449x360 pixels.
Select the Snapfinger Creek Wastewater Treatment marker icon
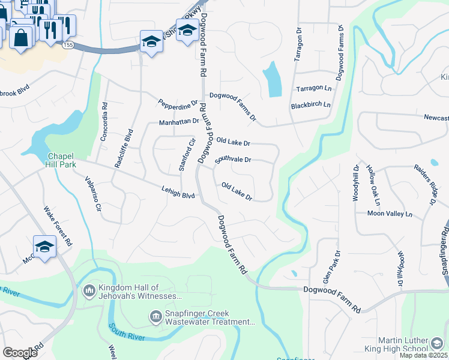pyautogui.click(x=155, y=316)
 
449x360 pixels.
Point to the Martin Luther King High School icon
pyautogui.click(x=438, y=343)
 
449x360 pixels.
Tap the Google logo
pyautogui.click(x=20, y=352)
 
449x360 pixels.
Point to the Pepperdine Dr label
pyautogui.click(x=178, y=104)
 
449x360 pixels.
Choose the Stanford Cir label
pyautogui.click(x=187, y=155)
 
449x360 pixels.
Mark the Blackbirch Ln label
pyautogui.click(x=310, y=105)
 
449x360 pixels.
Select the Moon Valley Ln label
pyautogui.click(x=390, y=214)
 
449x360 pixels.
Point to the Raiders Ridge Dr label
pyautogui.click(x=424, y=185)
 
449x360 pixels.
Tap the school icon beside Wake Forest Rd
pyautogui.click(x=44, y=247)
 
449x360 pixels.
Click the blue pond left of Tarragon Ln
pyautogui.click(x=272, y=80)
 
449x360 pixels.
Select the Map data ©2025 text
pyautogui.click(x=424, y=355)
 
